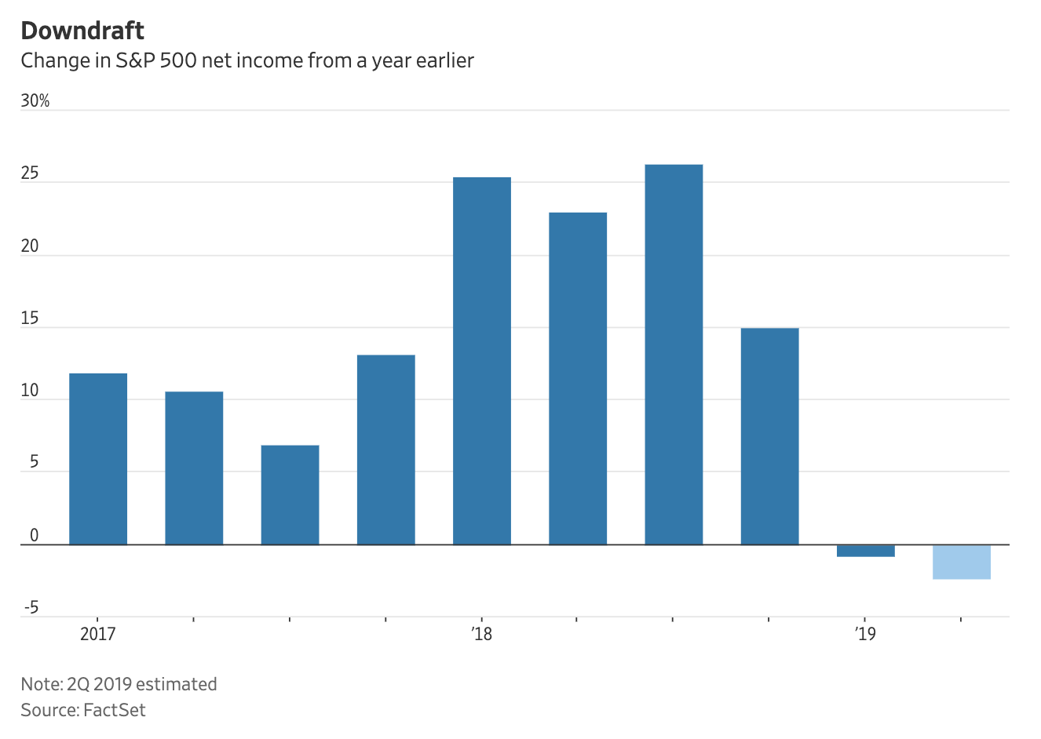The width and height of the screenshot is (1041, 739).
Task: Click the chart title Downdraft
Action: pyautogui.click(x=82, y=31)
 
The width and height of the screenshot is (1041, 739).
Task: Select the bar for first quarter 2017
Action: pyautogui.click(x=98, y=459)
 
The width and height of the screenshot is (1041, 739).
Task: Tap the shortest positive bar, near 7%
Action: pyautogui.click(x=290, y=495)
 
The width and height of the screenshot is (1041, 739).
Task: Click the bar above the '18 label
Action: pyautogui.click(x=482, y=361)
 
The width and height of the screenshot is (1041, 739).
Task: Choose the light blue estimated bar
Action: pyautogui.click(x=961, y=562)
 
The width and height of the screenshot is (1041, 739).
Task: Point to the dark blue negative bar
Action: pyautogui.click(x=865, y=551)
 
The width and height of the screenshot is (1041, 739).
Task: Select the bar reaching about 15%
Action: pyautogui.click(x=769, y=436)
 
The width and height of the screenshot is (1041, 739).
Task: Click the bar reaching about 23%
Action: pyautogui.click(x=578, y=378)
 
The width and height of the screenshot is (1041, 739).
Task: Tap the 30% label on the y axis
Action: pyautogui.click(x=35, y=101)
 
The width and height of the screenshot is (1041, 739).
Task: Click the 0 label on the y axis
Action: pyautogui.click(x=35, y=536)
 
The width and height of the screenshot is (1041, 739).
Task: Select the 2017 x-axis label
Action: pyautogui.click(x=97, y=634)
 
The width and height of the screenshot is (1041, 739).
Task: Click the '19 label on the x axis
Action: pyautogui.click(x=865, y=634)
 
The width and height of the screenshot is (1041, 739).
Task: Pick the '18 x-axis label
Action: pyautogui.click(x=482, y=634)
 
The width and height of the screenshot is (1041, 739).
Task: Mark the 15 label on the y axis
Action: pyautogui.click(x=30, y=319)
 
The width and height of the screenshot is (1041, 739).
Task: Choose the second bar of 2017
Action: pyautogui.click(x=194, y=468)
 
